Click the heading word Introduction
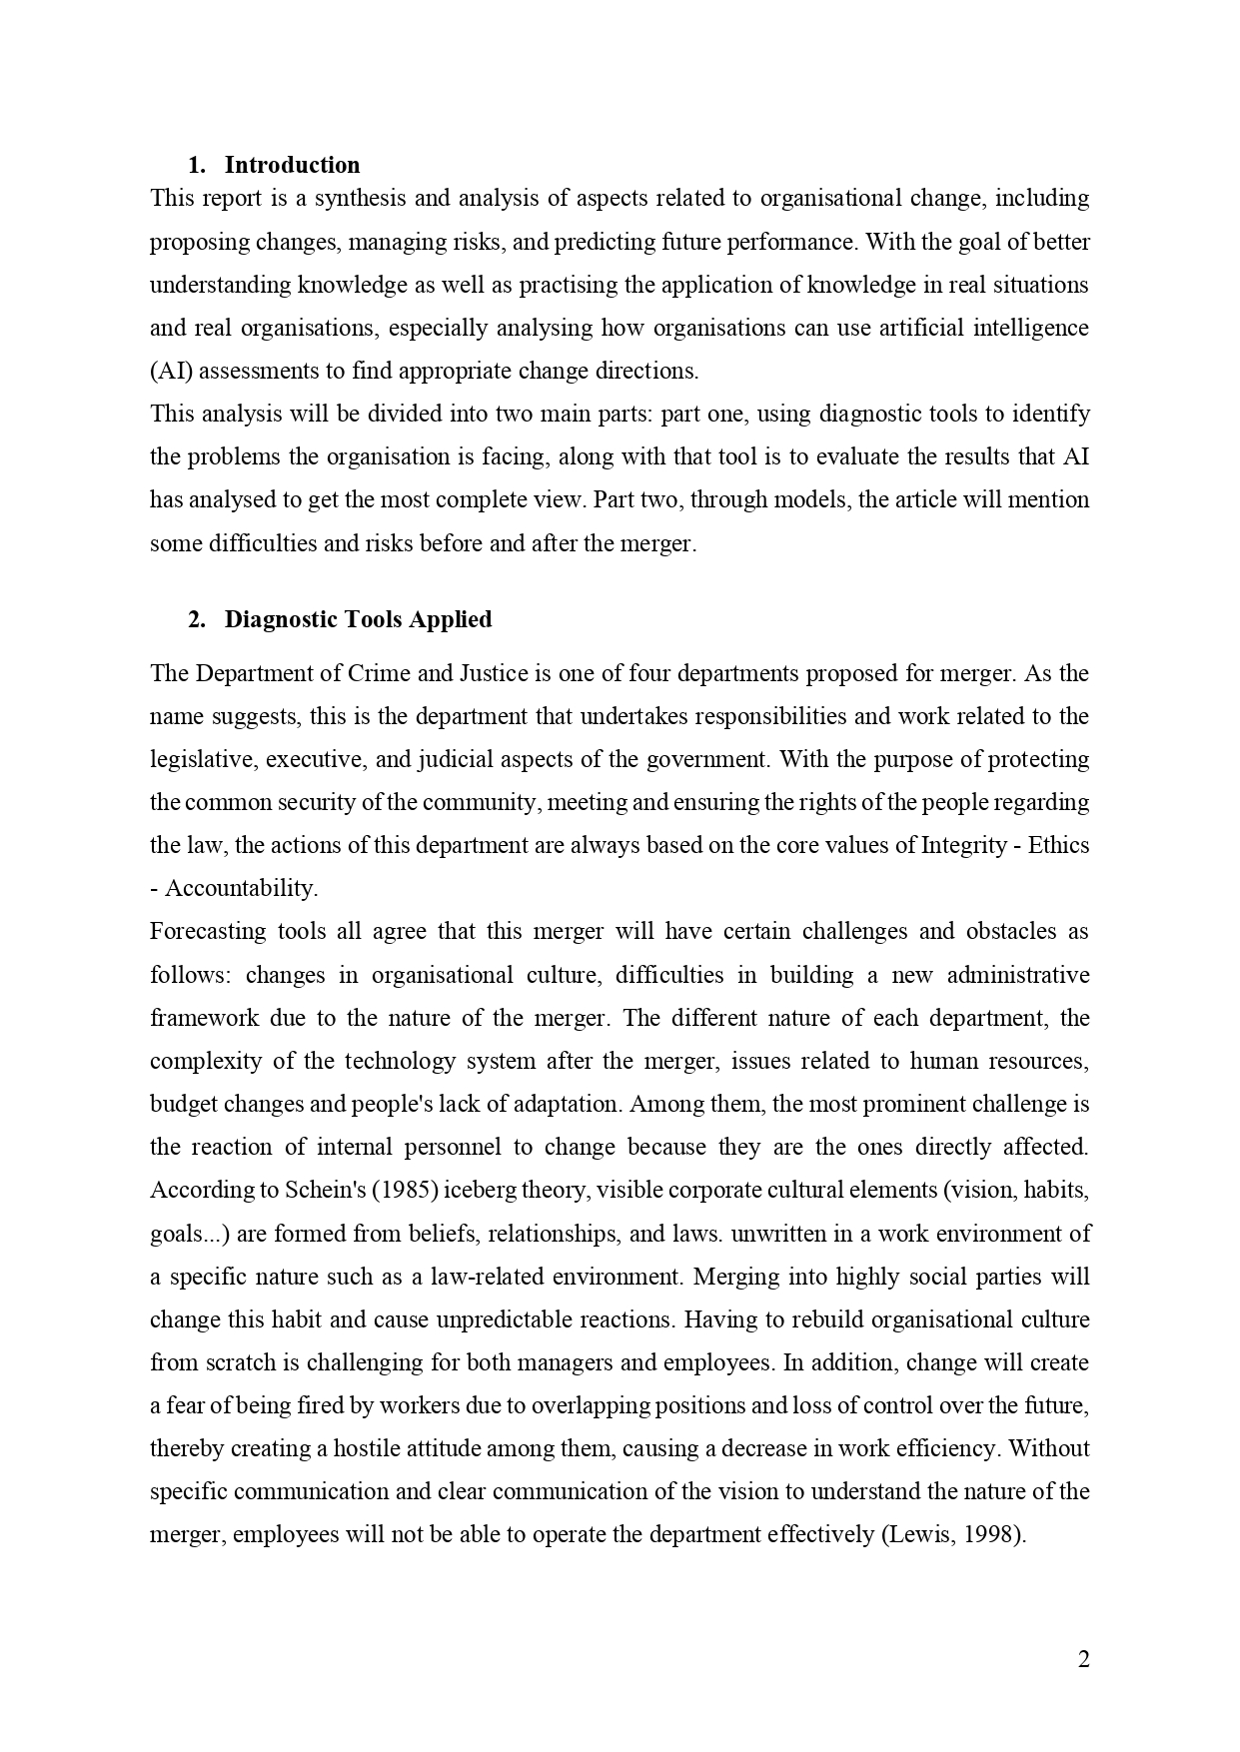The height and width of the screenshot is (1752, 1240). [x=292, y=165]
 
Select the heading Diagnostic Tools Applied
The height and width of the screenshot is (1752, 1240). [x=358, y=619]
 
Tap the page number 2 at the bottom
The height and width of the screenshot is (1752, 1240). [x=1084, y=1660]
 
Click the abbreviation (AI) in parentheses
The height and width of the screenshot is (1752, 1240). [x=171, y=372]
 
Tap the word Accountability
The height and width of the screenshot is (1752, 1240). [x=241, y=889]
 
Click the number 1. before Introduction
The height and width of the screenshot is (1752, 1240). [x=197, y=165]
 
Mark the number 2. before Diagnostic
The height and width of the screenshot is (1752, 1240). [x=197, y=619]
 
